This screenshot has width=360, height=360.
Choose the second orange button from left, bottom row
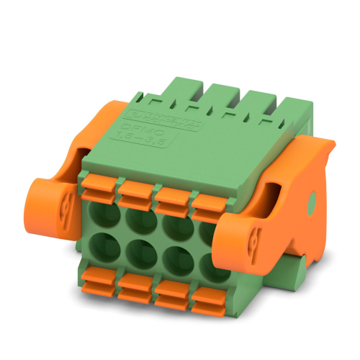(x=135, y=288)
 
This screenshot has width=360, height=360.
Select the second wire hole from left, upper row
(x=137, y=218)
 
